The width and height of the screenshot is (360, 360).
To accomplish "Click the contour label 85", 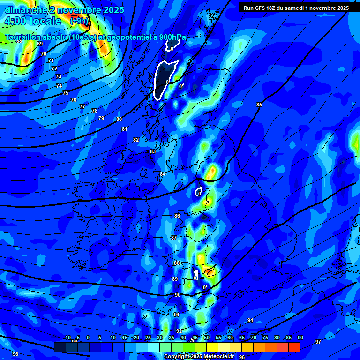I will [259, 105].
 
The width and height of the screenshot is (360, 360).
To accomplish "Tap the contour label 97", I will [318, 342].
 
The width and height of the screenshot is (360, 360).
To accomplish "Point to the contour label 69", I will [40, 44].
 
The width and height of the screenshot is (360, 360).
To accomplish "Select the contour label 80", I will [119, 119].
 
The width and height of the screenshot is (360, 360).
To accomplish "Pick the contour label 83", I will [153, 151].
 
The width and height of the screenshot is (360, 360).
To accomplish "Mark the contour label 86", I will [177, 216].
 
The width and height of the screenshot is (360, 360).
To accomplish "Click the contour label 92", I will [179, 331].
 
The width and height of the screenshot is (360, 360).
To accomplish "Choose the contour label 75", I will [66, 93].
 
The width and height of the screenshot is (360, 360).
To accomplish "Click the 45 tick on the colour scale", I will [195, 338].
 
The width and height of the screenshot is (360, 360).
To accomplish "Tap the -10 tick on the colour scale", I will [67, 338].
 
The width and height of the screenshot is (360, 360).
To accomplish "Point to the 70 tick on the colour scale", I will [253, 338].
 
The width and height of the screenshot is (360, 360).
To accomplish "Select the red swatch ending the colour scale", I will [294, 347].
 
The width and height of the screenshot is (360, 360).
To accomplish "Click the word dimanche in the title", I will [25, 10].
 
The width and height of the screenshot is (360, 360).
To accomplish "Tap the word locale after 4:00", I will [45, 21].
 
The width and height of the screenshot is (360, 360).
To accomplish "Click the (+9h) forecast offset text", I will [79, 21].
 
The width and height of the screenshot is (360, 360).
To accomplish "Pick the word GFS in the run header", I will [263, 7].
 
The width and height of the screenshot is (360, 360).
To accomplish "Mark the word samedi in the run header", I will [300, 7].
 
